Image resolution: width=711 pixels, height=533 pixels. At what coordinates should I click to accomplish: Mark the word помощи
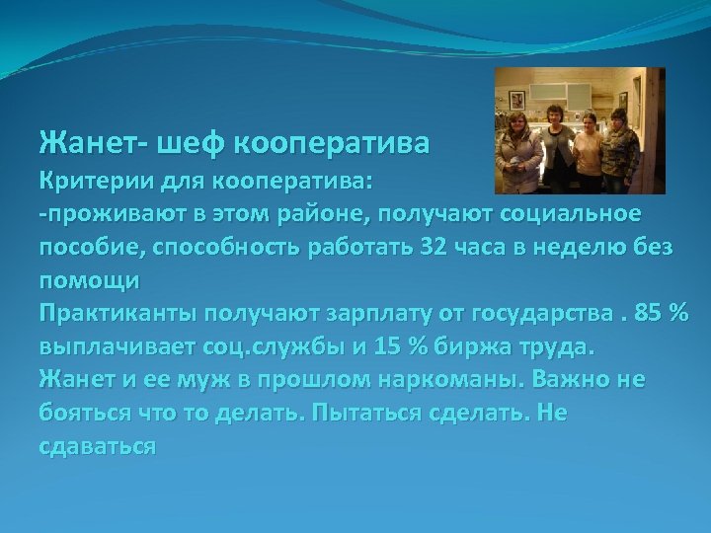[90, 281]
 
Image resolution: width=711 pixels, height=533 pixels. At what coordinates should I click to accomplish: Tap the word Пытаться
[379, 414]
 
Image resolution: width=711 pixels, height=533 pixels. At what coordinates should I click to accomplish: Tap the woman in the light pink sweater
[590, 153]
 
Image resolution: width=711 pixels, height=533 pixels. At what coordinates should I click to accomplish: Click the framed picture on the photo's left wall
[515, 102]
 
